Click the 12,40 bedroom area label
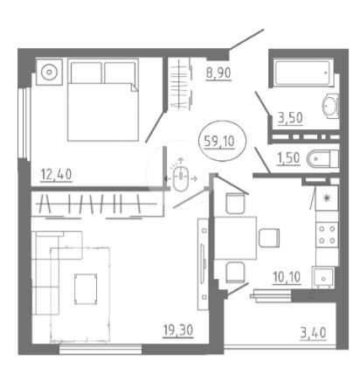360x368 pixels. pos(56,175)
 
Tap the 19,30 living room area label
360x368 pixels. pos(178,330)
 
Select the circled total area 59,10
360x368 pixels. pos(219,142)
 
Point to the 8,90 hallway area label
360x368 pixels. pos(218,73)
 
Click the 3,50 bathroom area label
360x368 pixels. pos(290,118)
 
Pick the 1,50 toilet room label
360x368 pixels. pos(288,158)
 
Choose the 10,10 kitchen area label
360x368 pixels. pos(287,277)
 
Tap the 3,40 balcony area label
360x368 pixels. pos(313,333)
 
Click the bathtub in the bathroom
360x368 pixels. pos(302,73)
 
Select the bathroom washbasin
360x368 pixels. pos(330,106)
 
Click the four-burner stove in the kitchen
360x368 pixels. pos(327,234)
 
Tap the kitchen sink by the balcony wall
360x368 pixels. pos(323,277)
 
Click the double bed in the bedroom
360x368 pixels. pos(103,100)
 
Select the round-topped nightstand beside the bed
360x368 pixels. pos(49,72)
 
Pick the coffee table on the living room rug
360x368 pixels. pos(86,289)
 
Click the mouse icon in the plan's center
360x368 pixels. pos(181,178)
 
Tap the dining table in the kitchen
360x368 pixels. pos(235,238)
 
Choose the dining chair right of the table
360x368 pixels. pos(269,238)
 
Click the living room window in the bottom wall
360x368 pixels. pos(100,349)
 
